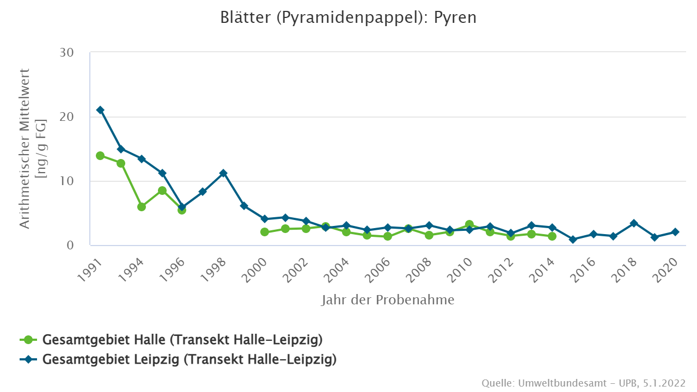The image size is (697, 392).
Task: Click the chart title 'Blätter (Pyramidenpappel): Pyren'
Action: pyautogui.click(x=348, y=17)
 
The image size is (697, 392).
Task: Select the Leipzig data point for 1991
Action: pyautogui.click(x=100, y=110)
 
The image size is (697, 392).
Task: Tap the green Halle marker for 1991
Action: pyautogui.click(x=100, y=156)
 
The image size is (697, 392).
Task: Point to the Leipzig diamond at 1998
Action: pyautogui.click(x=223, y=173)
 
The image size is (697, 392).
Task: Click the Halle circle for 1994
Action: pyautogui.click(x=142, y=207)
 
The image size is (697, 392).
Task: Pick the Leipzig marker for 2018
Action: pyautogui.click(x=634, y=223)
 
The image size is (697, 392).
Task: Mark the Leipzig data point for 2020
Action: pyautogui.click(x=675, y=232)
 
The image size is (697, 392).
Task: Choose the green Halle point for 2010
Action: pyautogui.click(x=469, y=224)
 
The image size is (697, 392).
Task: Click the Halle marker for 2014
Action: pyautogui.click(x=552, y=236)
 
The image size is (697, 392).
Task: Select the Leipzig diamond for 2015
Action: pyautogui.click(x=573, y=240)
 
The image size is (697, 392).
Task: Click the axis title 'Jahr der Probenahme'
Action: pyautogui.click(x=388, y=300)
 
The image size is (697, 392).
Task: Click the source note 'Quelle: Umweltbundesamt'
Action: pyautogui.click(x=583, y=383)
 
